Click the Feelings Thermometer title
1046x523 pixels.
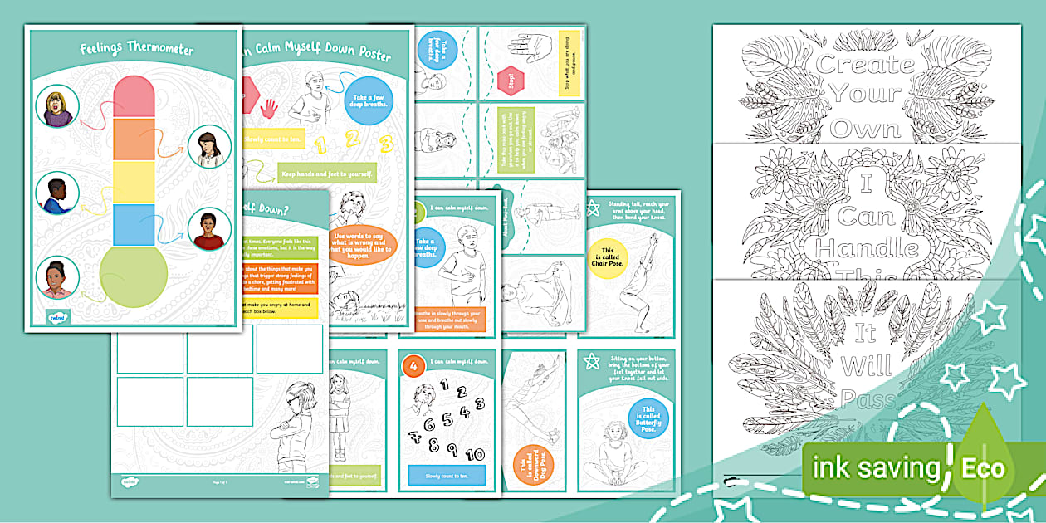point(137,50)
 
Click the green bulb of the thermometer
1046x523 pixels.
point(133,273)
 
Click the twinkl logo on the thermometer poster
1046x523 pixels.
point(55,316)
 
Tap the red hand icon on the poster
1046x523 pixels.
point(269,108)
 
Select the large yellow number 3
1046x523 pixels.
point(384,146)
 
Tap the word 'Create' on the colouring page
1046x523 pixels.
point(866,65)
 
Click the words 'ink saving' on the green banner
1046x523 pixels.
point(878,469)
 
